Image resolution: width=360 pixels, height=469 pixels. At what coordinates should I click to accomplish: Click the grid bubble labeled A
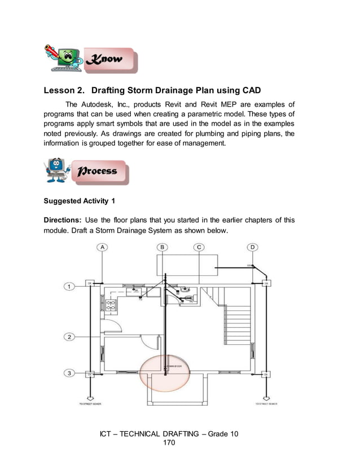(103, 247)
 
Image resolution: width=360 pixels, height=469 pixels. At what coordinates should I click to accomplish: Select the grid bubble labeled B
(163, 247)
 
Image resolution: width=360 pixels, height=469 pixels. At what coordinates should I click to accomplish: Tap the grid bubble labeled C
(199, 247)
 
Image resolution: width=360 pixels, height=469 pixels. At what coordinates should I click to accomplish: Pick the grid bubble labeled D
(253, 247)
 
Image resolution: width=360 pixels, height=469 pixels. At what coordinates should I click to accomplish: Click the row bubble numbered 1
(68, 287)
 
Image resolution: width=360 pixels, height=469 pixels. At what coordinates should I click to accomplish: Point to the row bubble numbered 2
(68, 337)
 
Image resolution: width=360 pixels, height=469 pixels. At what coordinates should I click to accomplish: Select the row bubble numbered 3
(68, 373)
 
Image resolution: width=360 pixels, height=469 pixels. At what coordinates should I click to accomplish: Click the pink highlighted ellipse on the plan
(165, 373)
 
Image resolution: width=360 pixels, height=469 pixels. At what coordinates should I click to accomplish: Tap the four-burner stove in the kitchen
(111, 305)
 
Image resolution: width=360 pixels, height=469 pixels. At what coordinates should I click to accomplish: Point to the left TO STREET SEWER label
(89, 405)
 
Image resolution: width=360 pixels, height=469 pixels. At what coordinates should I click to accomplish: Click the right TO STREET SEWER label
(266, 405)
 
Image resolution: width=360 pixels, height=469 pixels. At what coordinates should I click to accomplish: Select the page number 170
(169, 444)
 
